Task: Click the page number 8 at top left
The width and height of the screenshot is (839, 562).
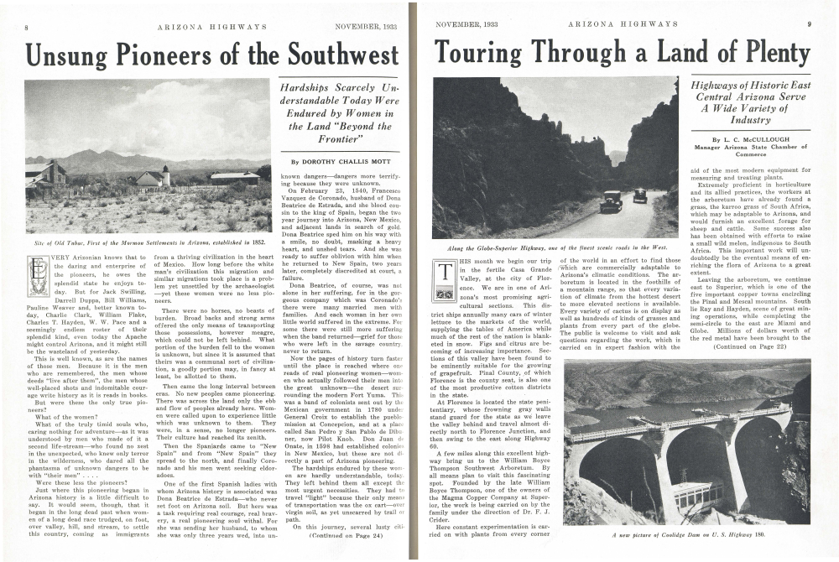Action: pyautogui.click(x=27, y=27)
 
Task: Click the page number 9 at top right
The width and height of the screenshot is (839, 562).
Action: pyautogui.click(x=809, y=24)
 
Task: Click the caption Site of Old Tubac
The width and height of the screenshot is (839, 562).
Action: pyautogui.click(x=148, y=242)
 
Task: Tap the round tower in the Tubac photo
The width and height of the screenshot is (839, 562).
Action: pyautogui.click(x=166, y=174)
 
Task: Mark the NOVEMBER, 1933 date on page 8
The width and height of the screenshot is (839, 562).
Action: pyautogui.click(x=365, y=27)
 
